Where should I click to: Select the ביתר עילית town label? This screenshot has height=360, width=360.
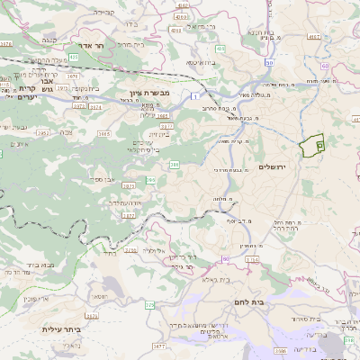[62, 329]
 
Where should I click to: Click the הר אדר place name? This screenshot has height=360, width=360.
[87, 44]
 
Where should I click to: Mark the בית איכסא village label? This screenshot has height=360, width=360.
[200, 62]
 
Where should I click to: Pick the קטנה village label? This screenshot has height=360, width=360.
[49, 40]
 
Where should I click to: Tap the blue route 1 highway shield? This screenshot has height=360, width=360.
[193, 94]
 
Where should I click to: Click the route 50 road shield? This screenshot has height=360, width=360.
[268, 62]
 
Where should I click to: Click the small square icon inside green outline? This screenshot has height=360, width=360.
[319, 145]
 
